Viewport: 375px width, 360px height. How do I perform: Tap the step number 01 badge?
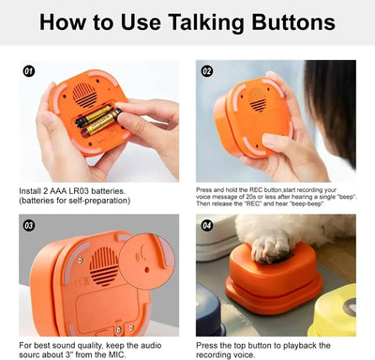point(28,70)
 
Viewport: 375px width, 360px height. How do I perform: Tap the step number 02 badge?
point(207,70)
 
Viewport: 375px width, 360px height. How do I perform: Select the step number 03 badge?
point(28,225)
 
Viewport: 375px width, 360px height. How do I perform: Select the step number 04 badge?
point(207,225)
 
